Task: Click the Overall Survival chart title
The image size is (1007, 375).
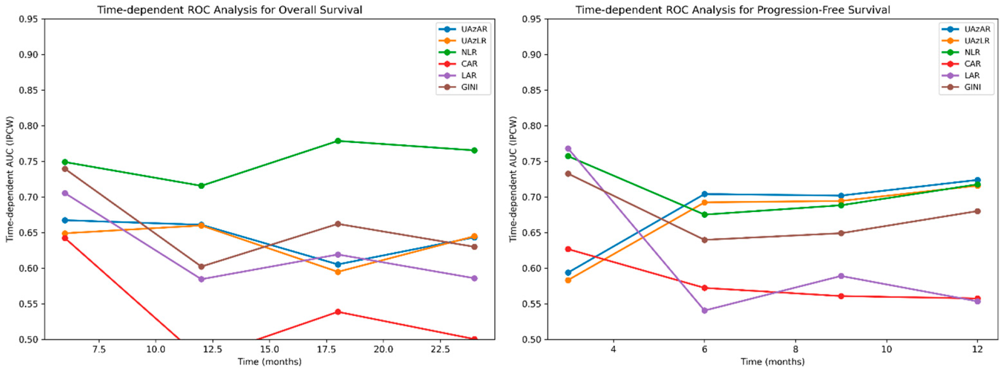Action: pyautogui.click(x=229, y=10)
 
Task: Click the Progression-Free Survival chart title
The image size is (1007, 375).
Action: pyautogui.click(x=733, y=10)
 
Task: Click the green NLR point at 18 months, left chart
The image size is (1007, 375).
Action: pyautogui.click(x=338, y=141)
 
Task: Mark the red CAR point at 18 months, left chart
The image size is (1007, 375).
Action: pyautogui.click(x=338, y=312)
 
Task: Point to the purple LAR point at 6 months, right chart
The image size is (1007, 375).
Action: pyautogui.click(x=705, y=311)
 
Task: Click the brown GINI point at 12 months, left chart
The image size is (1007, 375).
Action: pyautogui.click(x=201, y=266)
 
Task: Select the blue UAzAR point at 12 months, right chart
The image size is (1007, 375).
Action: pyautogui.click(x=978, y=180)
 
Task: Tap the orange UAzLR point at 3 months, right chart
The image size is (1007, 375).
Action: pyautogui.click(x=568, y=280)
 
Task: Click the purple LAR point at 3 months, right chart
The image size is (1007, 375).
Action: pyautogui.click(x=568, y=149)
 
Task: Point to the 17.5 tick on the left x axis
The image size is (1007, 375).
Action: pyautogui.click(x=326, y=349)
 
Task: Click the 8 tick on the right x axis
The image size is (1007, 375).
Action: pyautogui.click(x=796, y=349)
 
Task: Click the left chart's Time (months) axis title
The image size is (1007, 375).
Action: pyautogui.click(x=270, y=362)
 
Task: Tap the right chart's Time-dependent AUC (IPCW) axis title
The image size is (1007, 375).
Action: pyautogui.click(x=513, y=179)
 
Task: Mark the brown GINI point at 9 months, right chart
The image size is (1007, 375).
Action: pyautogui.click(x=841, y=233)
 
